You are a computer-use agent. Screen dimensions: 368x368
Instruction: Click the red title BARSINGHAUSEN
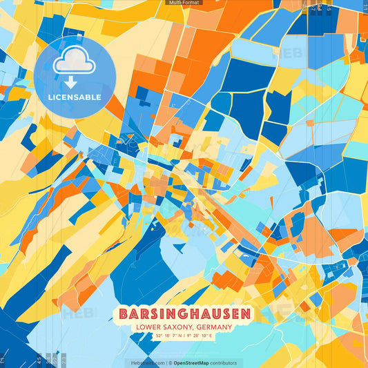click(x=184, y=314)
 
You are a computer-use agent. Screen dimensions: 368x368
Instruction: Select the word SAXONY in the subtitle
click(x=179, y=327)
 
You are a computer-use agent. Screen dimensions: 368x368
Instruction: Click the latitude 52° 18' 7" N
click(x=168, y=336)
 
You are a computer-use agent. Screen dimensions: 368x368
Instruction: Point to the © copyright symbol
click(x=169, y=362)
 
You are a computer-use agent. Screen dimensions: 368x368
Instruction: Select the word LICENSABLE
click(x=75, y=97)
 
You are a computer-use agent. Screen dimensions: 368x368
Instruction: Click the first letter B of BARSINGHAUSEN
click(x=124, y=314)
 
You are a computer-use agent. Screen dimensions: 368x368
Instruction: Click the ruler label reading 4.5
click(x=39, y=360)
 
